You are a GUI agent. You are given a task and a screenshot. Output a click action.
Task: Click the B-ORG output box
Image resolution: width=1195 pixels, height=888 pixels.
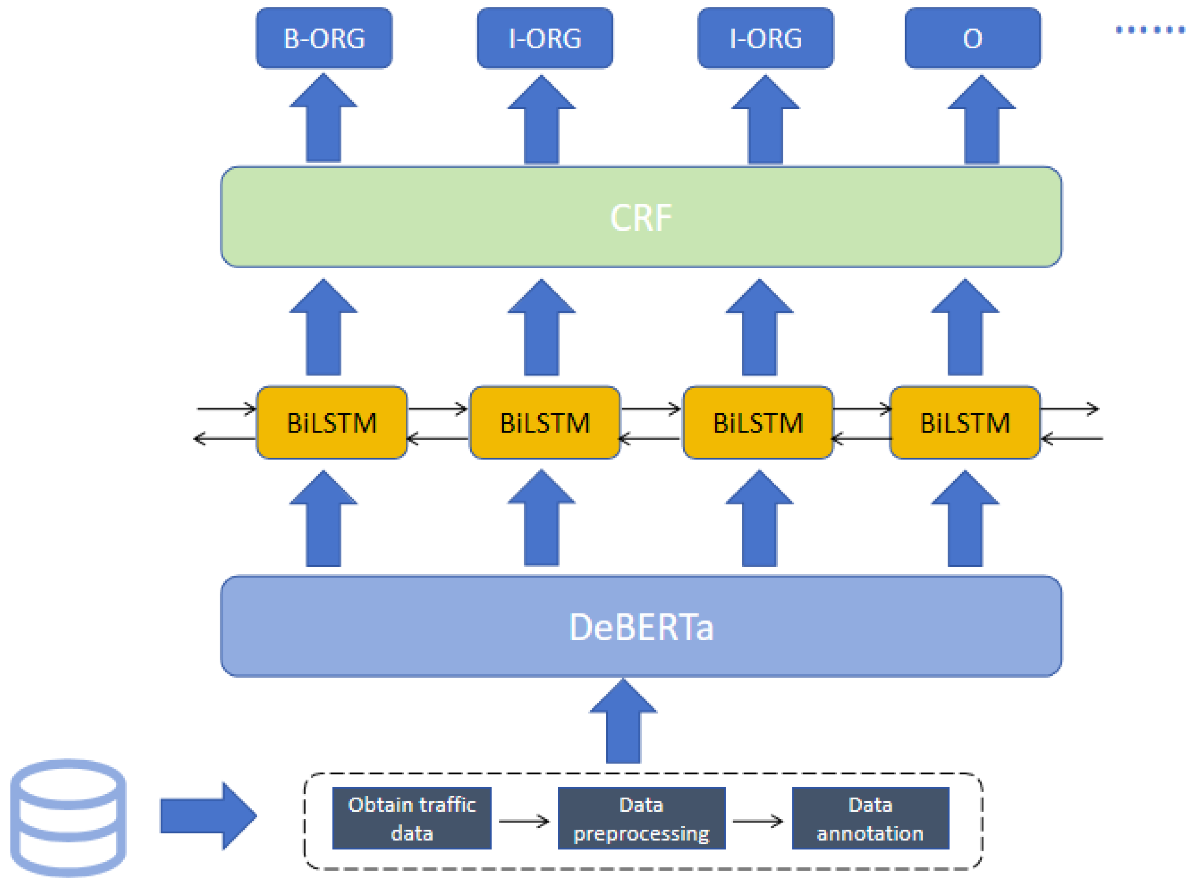pos(324,38)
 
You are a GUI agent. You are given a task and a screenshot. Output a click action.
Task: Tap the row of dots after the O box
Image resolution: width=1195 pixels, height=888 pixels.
pos(1149,30)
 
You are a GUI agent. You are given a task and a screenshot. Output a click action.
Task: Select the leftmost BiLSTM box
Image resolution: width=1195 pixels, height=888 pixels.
pos(331,423)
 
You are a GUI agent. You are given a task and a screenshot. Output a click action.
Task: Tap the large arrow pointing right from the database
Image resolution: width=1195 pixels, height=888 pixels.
pos(207,816)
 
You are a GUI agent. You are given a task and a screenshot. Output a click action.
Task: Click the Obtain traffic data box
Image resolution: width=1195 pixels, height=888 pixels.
pos(411,818)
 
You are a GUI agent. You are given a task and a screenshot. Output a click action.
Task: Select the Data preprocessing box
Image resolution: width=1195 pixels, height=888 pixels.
pos(641,818)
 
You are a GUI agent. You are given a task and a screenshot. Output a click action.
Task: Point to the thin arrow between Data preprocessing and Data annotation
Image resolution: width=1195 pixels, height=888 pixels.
pos(757,821)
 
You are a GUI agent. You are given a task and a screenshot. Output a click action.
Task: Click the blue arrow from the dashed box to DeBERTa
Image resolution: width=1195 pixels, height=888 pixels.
pos(623,723)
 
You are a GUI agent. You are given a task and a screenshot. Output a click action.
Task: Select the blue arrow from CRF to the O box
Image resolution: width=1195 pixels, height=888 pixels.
pos(981,121)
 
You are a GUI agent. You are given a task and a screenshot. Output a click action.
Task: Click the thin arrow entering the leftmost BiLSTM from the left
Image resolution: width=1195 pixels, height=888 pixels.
pos(226,408)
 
